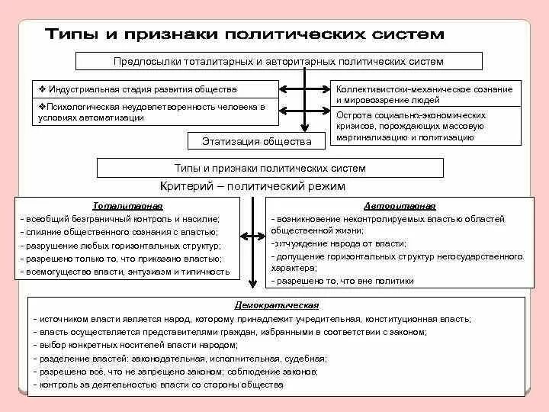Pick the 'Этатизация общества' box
pyautogui.click(x=256, y=141)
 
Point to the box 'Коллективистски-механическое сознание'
pyautogui.click(x=425, y=94)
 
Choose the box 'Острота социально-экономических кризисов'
pyautogui.click(x=425, y=126)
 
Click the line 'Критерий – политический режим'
pyautogui.click(x=252, y=185)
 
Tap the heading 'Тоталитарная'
pyautogui.click(x=127, y=206)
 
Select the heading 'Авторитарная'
pyautogui.click(x=399, y=206)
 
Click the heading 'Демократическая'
pyautogui.click(x=277, y=304)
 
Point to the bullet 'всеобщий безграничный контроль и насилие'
pyautogui.click(x=122, y=219)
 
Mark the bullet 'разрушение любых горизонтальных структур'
pyautogui.click(x=122, y=245)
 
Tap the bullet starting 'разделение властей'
pyautogui.click(x=183, y=358)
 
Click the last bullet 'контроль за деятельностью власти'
pyautogui.click(x=160, y=385)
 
